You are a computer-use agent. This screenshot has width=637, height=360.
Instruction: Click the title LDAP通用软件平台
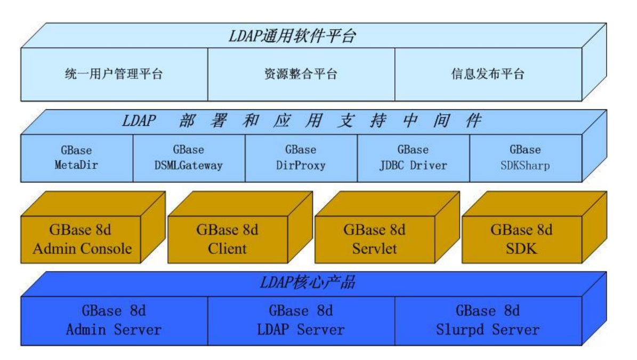[292, 36]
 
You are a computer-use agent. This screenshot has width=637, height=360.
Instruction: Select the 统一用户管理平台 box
[114, 75]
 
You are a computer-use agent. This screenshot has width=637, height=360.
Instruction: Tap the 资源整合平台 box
[301, 75]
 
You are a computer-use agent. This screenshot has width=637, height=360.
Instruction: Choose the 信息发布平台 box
[488, 75]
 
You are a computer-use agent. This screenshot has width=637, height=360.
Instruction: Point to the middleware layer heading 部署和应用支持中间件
[301, 121]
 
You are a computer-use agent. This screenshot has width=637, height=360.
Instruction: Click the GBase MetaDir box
[77, 157]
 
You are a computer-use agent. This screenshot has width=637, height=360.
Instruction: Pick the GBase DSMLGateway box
[189, 157]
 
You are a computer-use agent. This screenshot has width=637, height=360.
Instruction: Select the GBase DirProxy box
[301, 157]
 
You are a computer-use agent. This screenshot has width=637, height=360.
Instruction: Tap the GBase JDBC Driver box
[413, 157]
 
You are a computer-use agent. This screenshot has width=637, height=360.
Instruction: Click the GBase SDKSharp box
[525, 157]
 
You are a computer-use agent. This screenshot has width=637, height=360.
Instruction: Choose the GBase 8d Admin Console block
[82, 239]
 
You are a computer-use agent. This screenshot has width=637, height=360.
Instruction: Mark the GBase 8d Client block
[228, 239]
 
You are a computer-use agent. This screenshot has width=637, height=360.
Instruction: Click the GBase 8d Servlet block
[374, 239]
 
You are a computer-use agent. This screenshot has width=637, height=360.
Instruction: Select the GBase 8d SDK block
[521, 239]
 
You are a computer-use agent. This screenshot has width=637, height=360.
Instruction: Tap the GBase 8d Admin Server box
[114, 321]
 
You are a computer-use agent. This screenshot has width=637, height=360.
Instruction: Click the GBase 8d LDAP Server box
[301, 321]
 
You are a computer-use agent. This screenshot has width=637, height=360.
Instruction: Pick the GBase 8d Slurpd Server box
[488, 321]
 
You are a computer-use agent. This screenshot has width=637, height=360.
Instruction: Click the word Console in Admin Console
[107, 249]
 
